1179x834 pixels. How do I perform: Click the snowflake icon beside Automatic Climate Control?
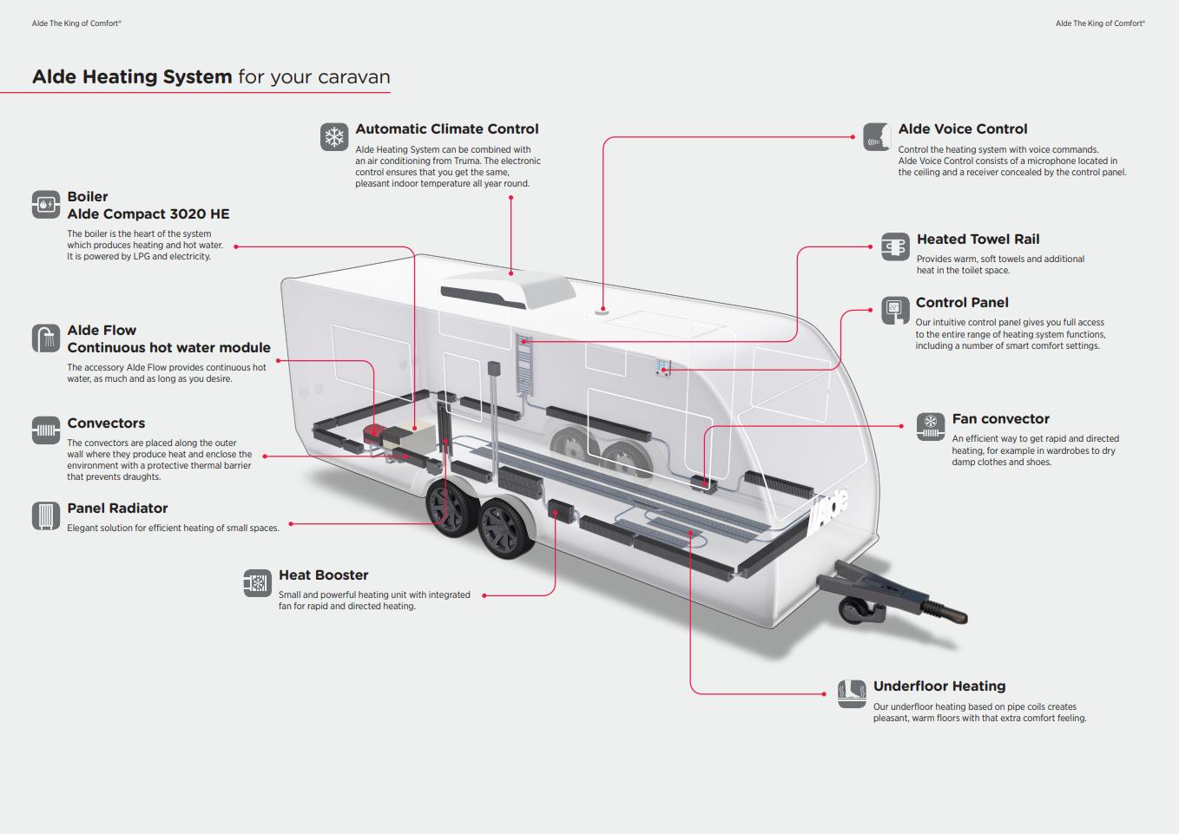tap(334, 136)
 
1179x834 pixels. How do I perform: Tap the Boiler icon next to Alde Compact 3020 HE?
tap(46, 205)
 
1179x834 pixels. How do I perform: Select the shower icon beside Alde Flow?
tap(46, 338)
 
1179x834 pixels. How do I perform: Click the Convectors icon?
tap(46, 430)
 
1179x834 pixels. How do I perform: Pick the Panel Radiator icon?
tap(46, 516)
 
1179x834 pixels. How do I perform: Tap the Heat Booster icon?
tap(257, 583)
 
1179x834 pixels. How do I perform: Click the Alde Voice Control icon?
tap(877, 136)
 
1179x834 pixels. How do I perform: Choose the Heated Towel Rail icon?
tap(895, 246)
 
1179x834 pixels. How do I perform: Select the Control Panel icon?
tap(894, 310)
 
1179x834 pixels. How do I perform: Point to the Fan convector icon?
tap(930, 426)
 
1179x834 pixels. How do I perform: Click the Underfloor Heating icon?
tap(852, 693)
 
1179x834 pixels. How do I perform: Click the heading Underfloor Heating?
tap(939, 686)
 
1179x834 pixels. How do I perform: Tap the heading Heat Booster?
tap(323, 575)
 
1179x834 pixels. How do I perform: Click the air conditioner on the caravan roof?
tap(508, 289)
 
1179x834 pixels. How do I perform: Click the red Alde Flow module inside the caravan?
tap(374, 431)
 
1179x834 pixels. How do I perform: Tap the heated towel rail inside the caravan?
tap(524, 364)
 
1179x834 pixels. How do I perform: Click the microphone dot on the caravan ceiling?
tap(602, 310)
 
